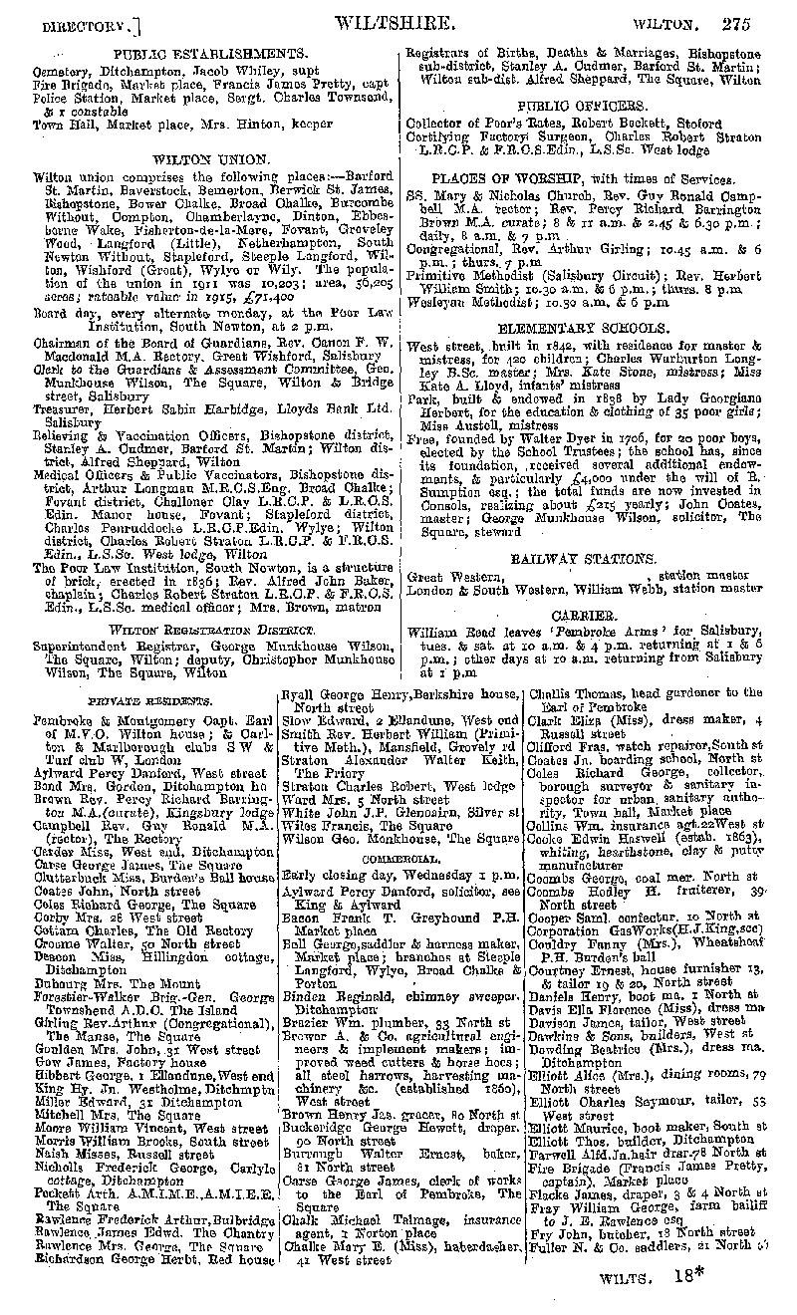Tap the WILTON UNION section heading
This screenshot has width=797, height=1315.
tap(210, 157)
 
